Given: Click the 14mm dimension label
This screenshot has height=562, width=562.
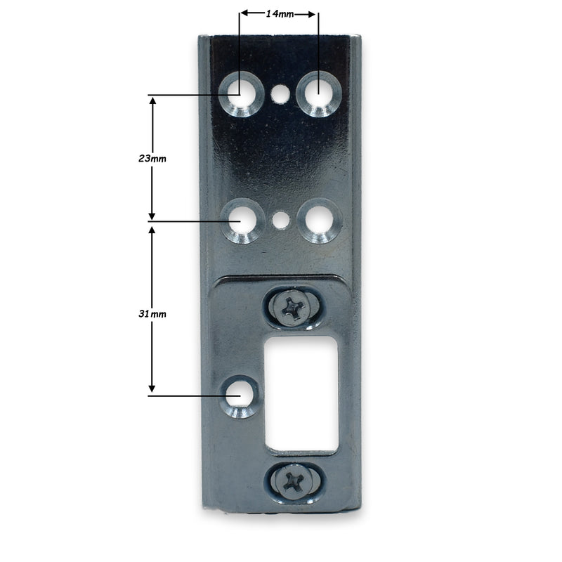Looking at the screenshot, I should pyautogui.click(x=280, y=13).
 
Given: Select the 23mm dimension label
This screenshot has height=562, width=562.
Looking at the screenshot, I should pyautogui.click(x=152, y=159).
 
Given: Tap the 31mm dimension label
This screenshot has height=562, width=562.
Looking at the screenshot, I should pyautogui.click(x=152, y=313).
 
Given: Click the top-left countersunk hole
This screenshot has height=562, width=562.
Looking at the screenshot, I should pyautogui.click(x=240, y=95).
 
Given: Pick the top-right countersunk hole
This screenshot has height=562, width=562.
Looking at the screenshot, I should pyautogui.click(x=318, y=93).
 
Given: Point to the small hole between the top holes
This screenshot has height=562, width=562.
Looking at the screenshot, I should pyautogui.click(x=280, y=92).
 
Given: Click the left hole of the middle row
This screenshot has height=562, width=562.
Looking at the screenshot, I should pyautogui.click(x=240, y=221).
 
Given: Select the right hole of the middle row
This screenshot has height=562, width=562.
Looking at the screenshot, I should pyautogui.click(x=318, y=221).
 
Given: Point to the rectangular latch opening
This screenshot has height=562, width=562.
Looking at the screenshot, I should pyautogui.click(x=302, y=393).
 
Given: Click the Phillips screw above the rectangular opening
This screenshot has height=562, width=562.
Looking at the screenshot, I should pyautogui.click(x=292, y=308).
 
